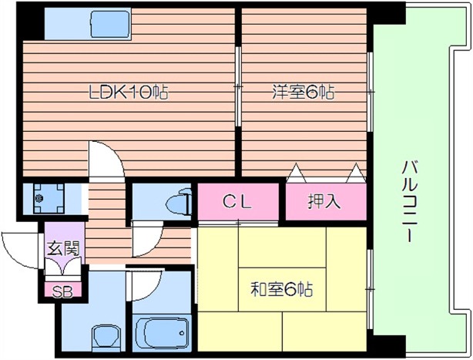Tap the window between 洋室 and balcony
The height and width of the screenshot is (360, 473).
pyautogui.click(x=371, y=93)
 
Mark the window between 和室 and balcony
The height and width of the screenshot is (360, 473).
pyautogui.click(x=371, y=285)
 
